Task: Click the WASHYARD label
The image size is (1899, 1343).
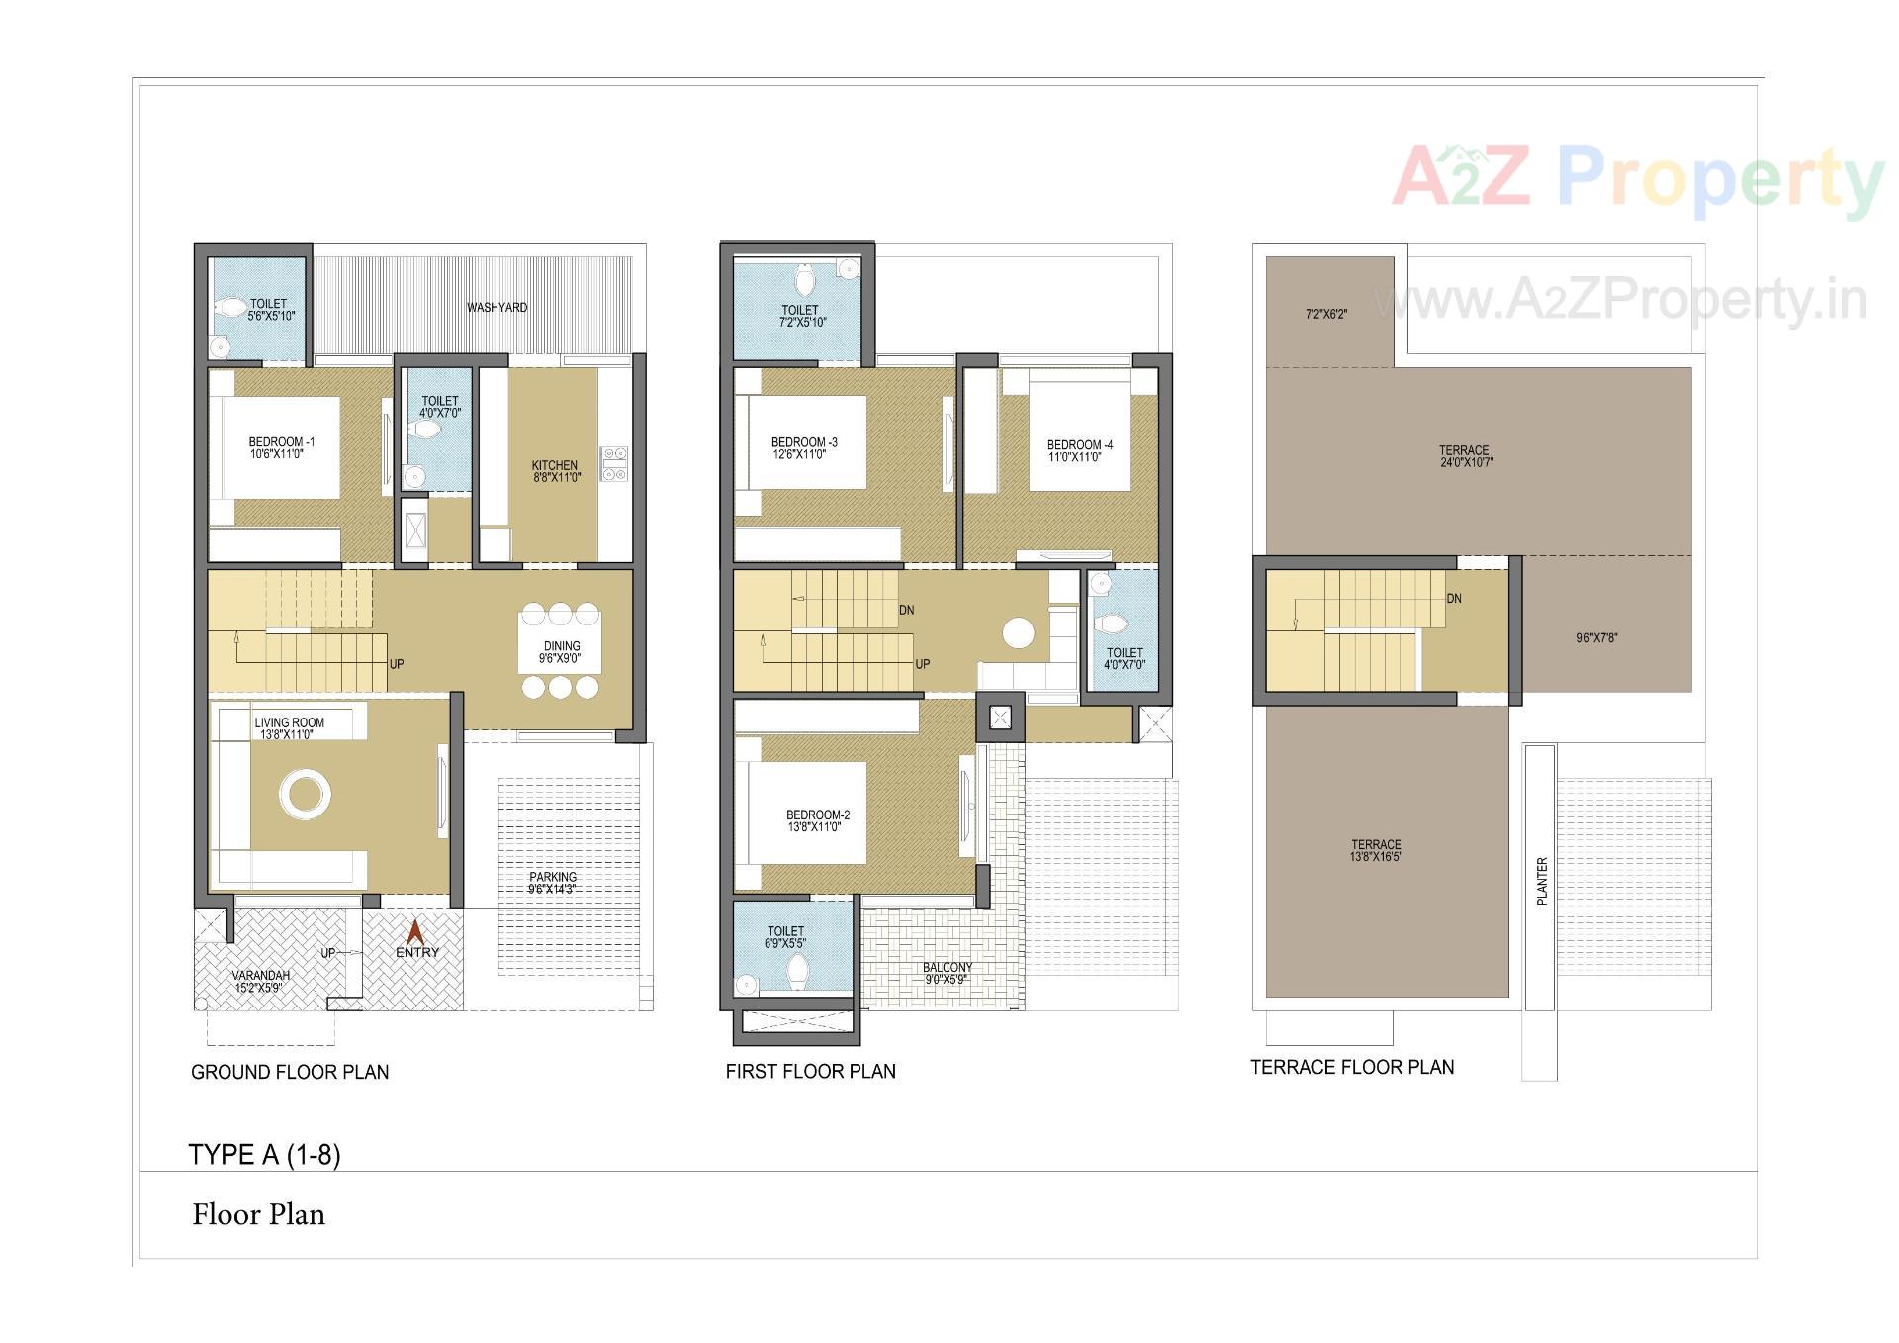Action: (497, 308)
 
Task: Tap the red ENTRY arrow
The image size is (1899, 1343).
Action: (416, 932)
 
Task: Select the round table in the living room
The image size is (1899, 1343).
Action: (305, 794)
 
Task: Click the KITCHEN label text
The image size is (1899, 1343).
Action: (555, 465)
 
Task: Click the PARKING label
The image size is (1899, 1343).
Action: (553, 877)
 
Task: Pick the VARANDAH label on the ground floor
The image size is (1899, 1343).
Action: (261, 975)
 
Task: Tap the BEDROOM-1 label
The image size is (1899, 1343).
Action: (281, 442)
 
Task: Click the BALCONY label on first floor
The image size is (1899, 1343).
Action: (948, 967)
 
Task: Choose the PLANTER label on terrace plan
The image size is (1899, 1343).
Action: (1541, 881)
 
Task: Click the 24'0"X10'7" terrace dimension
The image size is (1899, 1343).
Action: (1466, 462)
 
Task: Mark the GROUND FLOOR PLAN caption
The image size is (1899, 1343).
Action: (290, 1072)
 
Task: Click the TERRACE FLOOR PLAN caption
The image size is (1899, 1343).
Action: (1352, 1067)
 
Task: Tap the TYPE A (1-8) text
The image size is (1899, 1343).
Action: (264, 1155)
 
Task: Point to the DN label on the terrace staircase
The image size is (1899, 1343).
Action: (1454, 599)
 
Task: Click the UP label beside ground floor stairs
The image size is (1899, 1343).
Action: (397, 664)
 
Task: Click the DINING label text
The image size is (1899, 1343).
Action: (562, 646)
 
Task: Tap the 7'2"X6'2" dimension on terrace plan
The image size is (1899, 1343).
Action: (1326, 315)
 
